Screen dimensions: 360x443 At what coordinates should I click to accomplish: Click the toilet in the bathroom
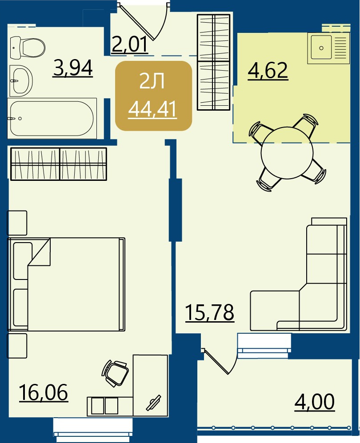(28, 48)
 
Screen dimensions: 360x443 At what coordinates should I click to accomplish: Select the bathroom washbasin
(21, 81)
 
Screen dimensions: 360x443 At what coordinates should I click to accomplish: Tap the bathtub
(52, 118)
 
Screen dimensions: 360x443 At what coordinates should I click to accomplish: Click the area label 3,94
(73, 68)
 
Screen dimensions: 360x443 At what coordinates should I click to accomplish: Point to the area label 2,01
(130, 44)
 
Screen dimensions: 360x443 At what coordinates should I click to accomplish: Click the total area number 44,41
(152, 109)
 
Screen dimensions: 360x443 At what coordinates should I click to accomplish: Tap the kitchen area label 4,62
(268, 71)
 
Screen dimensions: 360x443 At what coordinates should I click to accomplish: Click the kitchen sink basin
(321, 48)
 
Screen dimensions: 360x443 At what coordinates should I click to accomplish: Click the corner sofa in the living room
(298, 274)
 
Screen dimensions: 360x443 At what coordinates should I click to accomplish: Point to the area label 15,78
(210, 312)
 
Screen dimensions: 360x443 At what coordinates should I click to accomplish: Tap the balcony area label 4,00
(315, 402)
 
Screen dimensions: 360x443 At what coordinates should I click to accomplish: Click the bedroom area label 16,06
(44, 392)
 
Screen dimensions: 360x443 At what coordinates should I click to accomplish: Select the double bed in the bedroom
(66, 284)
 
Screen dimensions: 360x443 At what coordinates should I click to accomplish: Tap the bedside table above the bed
(17, 223)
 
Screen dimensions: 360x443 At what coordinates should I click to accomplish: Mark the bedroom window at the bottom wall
(93, 428)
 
